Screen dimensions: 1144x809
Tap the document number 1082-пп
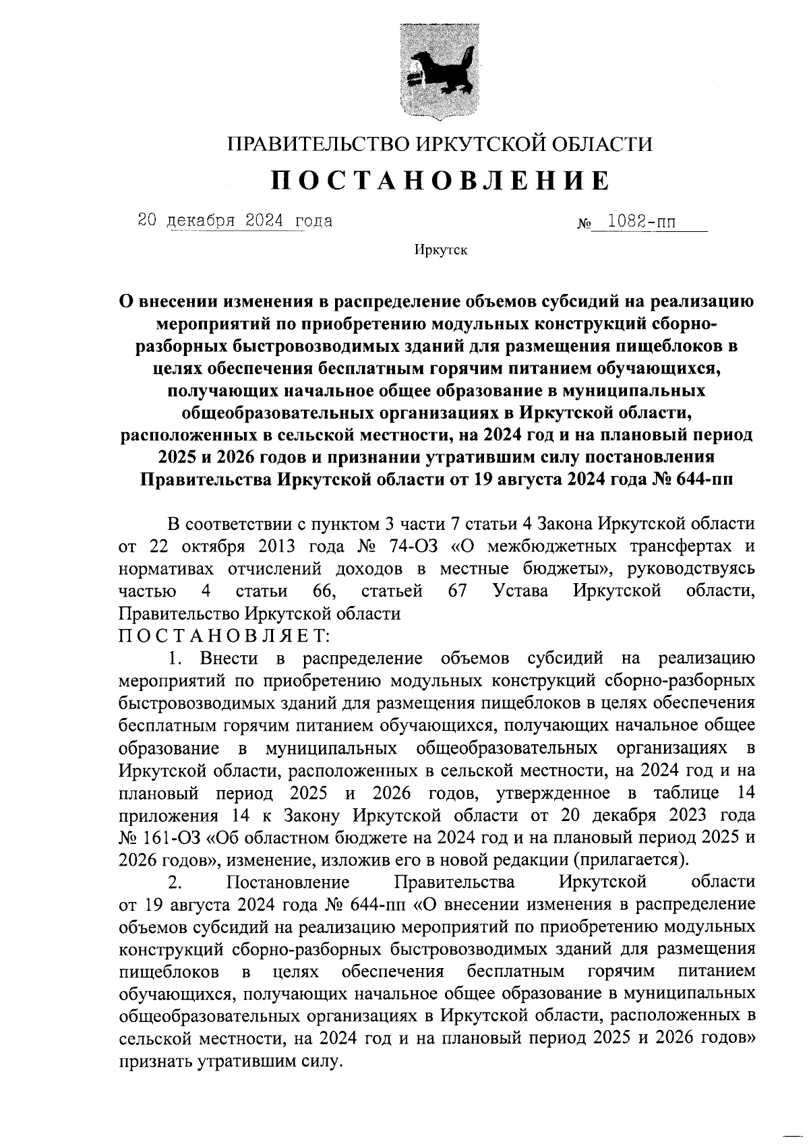642,220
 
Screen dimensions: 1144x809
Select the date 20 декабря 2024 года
235,220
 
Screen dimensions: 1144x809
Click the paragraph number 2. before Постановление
175,882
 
